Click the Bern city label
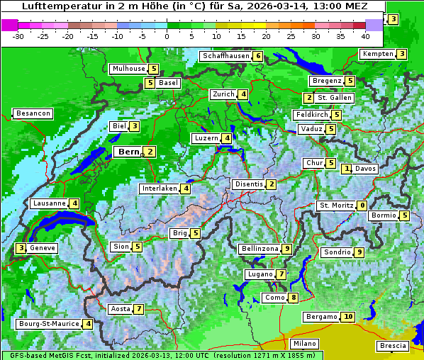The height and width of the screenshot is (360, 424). click(129, 152)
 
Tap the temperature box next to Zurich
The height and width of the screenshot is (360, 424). click(243, 94)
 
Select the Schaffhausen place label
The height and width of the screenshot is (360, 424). click(225, 56)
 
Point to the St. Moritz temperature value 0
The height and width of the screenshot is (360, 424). click(362, 206)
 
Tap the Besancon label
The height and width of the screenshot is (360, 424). click(33, 113)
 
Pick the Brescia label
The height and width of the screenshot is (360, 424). click(394, 346)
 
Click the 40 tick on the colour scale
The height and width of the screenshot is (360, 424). click(365, 36)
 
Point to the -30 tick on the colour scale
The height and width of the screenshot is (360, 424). click(18, 36)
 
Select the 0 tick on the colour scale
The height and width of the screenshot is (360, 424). click(167, 36)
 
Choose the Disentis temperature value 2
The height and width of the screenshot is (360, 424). click(271, 184)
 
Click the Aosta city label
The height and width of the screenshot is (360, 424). click(121, 309)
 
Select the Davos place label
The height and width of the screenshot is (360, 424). click(365, 169)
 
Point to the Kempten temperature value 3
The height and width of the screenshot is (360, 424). click(401, 54)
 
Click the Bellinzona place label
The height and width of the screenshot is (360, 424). click(259, 249)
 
